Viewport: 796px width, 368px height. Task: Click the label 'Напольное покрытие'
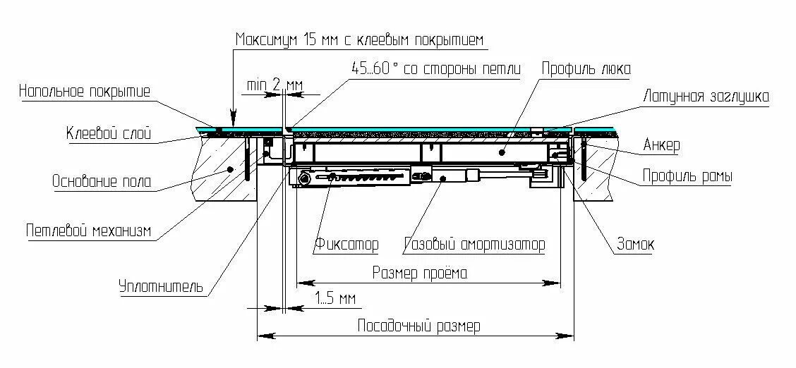[85, 92]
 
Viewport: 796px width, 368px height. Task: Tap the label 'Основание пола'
[102, 181]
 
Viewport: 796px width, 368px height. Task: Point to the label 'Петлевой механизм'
[88, 231]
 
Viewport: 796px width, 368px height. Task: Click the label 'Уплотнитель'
[161, 286]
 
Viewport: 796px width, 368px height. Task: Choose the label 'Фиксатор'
[346, 245]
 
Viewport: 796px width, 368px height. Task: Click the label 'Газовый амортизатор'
[475, 245]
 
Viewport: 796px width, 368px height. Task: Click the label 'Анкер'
[661, 145]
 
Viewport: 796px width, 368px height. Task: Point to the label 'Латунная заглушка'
[706, 96]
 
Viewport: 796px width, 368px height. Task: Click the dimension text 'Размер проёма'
[419, 273]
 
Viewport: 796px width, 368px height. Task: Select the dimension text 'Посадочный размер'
[419, 326]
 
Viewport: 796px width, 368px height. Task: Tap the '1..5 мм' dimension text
[336, 299]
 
